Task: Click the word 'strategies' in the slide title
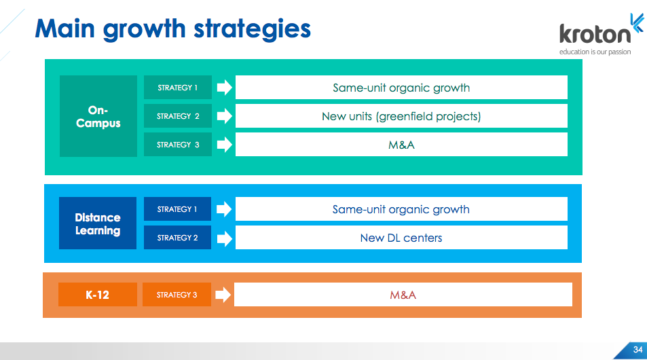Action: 252,29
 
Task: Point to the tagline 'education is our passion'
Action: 595,52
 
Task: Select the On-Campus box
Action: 98,116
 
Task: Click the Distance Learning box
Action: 98,223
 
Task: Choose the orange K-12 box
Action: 97,294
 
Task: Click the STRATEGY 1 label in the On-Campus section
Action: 178,87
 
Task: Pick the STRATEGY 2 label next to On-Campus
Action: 178,116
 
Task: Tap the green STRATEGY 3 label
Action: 178,145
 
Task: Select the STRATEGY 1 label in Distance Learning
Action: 177,209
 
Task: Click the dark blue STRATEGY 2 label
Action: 177,237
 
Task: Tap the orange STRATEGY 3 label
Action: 177,294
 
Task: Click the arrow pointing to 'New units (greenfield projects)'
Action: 225,116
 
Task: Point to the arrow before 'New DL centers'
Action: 225,238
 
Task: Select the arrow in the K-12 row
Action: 223,294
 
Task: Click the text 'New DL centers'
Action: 401,238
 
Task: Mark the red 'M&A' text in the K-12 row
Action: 403,295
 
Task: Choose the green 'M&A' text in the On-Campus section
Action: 401,145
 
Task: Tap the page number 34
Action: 638,350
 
